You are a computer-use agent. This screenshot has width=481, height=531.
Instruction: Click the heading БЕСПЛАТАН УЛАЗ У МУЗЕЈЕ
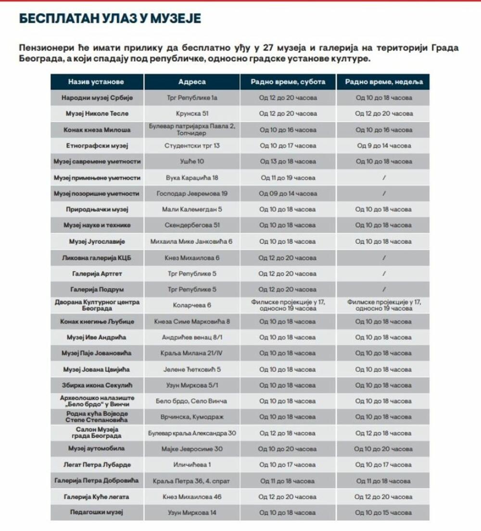110,19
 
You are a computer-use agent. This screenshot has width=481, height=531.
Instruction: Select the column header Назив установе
96,82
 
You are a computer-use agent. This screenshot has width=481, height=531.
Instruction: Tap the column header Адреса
192,82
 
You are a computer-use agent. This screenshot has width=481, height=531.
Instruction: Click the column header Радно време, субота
288,82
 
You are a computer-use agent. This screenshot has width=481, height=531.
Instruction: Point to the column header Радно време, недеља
383,82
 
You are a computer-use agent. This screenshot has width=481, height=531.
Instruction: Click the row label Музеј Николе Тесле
97,114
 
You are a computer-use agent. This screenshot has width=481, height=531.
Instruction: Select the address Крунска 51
192,114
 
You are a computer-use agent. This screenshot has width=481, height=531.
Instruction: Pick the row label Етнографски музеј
97,146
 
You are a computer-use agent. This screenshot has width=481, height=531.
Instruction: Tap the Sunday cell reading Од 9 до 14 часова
383,146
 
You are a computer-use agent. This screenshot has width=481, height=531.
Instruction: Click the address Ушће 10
192,162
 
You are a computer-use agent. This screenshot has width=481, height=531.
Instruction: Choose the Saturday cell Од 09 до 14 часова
288,194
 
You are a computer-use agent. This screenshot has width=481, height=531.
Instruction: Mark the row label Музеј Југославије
97,241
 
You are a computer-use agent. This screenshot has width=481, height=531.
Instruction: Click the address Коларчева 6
192,305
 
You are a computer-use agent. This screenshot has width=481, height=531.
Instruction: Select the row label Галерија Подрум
97,290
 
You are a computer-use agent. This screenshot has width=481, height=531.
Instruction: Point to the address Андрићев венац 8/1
192,337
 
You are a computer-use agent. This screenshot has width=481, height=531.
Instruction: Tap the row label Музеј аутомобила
97,449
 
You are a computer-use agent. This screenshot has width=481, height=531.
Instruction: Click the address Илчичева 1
192,465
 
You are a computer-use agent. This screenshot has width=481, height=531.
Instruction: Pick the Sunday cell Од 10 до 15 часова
383,513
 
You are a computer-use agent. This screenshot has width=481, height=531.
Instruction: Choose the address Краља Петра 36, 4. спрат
192,481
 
